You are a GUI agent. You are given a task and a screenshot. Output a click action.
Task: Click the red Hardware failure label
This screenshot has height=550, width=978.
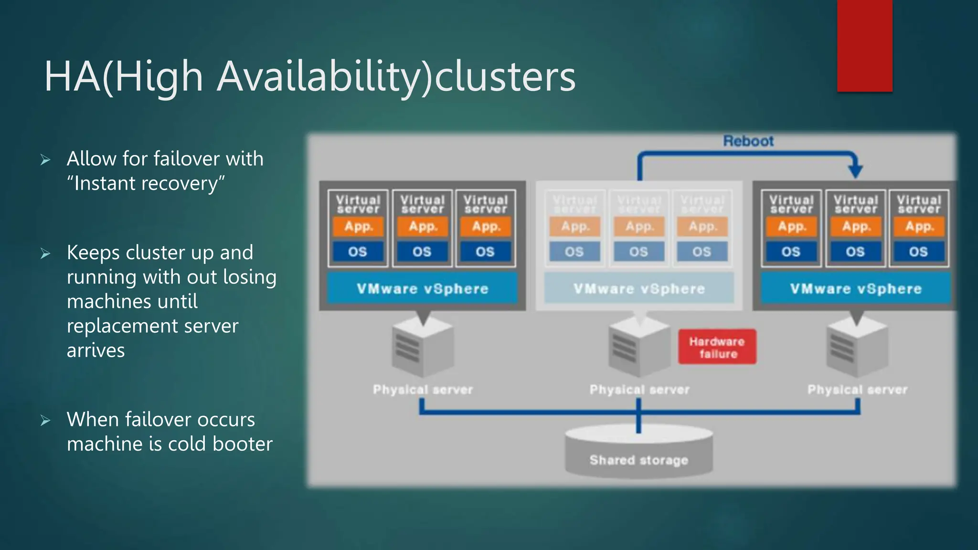717,347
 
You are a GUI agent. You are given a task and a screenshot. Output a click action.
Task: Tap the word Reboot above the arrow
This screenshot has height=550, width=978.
748,141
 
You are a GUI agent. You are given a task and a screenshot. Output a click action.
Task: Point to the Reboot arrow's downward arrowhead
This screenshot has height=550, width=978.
855,170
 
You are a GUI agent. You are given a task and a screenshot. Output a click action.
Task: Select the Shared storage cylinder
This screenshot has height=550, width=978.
638,452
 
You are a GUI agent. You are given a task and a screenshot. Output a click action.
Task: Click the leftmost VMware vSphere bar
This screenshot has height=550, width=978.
422,288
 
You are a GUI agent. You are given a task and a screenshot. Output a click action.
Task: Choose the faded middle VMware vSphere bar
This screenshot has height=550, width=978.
639,288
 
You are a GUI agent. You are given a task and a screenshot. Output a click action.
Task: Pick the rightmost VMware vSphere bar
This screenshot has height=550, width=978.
855,288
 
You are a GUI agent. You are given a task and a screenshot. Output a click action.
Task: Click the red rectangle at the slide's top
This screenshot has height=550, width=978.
864,45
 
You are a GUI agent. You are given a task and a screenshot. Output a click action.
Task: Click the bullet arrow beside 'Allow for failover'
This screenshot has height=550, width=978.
45,160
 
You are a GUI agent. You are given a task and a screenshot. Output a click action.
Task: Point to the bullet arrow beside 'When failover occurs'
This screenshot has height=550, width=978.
45,421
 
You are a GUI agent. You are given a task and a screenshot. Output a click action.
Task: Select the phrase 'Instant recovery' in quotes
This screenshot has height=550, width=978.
146,183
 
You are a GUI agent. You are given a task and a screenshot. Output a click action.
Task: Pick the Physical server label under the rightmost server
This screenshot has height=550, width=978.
857,390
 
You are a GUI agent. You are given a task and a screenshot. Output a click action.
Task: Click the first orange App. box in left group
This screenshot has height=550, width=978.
358,226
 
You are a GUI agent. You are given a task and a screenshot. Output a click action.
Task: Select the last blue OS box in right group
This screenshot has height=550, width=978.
918,252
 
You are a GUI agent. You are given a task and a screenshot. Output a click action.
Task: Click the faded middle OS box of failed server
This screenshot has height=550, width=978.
638,252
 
